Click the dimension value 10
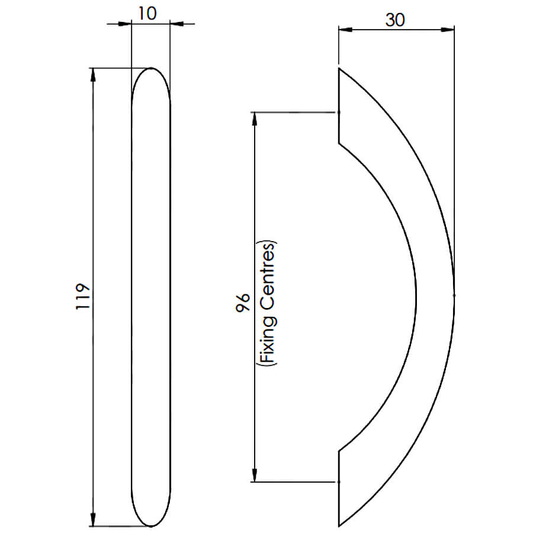[147, 13]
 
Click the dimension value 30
[395, 20]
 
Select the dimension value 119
[83, 296]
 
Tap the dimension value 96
[243, 302]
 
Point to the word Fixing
[269, 341]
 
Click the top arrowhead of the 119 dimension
[93, 75]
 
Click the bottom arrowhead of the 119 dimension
[93, 520]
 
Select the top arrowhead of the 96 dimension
[254, 118]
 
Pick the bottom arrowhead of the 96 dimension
[254, 476]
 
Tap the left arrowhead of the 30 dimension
[345, 30]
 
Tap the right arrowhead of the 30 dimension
[448, 30]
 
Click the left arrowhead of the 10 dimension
[125, 24]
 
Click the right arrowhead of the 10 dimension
[176, 24]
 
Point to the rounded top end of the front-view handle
[151, 68]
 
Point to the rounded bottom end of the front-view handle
[151, 526]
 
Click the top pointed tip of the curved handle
[339, 69]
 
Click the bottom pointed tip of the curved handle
[339, 526]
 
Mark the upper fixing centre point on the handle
[339, 112]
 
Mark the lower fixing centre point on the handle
[339, 481]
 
